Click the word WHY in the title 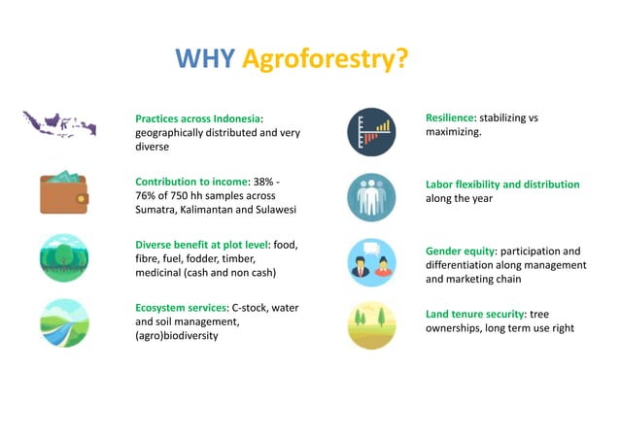click(x=204, y=59)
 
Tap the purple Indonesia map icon click(x=59, y=124)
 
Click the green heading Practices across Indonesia click(x=198, y=119)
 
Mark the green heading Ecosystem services click(x=182, y=308)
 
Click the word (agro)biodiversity click(x=176, y=336)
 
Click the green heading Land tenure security click(x=475, y=314)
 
